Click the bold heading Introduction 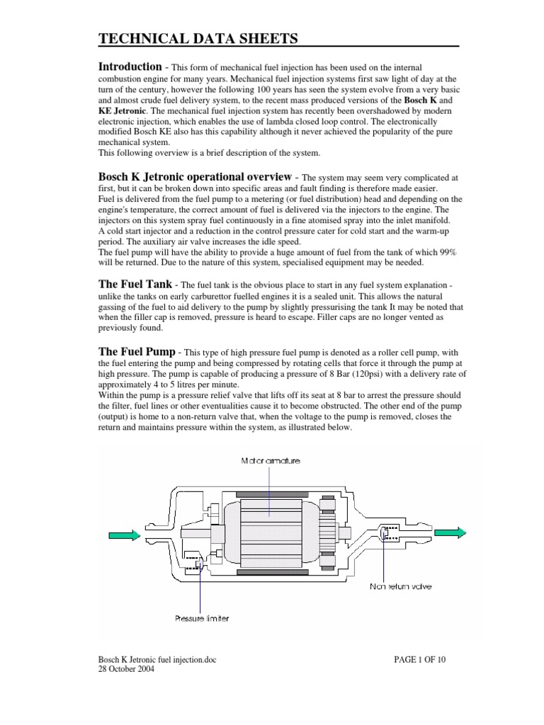click(130, 67)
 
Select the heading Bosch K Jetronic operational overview click(194, 176)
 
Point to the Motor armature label click(271, 460)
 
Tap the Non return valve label click(400, 586)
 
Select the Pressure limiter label click(202, 618)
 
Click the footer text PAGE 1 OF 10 click(420, 660)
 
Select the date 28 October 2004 click(127, 670)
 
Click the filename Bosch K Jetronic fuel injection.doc click(157, 660)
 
